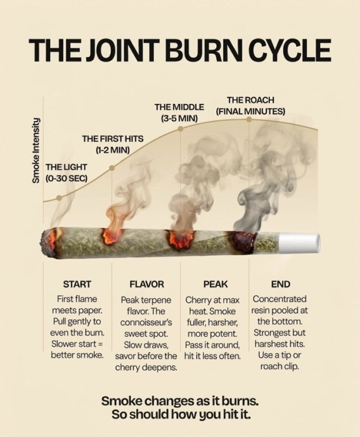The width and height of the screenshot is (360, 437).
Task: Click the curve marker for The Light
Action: click(59, 198)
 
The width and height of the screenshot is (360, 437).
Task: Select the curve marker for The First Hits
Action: click(112, 168)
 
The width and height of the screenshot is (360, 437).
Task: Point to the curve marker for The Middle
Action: click(181, 129)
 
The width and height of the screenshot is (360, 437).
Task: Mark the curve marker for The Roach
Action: click(248, 119)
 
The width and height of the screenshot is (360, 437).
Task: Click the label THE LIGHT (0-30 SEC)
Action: click(67, 172)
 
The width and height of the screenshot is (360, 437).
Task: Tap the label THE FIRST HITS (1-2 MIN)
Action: click(113, 144)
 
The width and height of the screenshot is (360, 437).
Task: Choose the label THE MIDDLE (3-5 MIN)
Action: click(179, 113)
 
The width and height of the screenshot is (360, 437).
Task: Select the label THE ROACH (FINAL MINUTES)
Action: click(250, 106)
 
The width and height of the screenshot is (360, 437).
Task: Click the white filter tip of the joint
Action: click(299, 243)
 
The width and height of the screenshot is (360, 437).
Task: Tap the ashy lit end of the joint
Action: click(49, 242)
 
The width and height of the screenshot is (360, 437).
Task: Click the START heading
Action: click(77, 284)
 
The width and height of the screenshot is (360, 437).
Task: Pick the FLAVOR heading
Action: click(146, 284)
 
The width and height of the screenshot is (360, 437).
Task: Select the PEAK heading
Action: click(215, 284)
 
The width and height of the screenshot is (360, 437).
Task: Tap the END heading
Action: click(281, 284)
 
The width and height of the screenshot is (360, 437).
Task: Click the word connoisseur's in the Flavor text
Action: click(146, 322)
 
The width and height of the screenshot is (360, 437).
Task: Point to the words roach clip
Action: click(280, 367)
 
